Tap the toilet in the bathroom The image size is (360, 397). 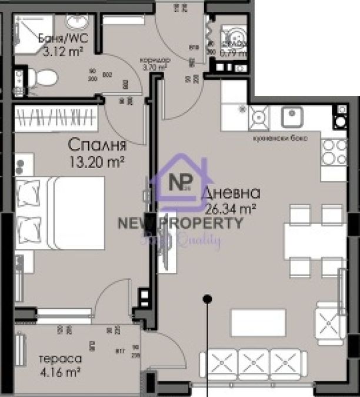click(44, 76)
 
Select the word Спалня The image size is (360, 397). click(92, 144)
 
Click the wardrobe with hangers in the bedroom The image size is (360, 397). click(56, 115)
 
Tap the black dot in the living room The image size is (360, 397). click(207, 299)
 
